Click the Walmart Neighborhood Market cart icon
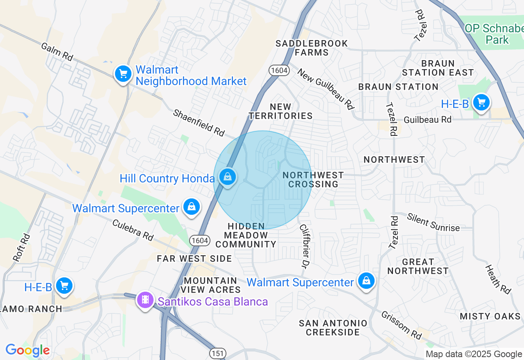click(x=123, y=74)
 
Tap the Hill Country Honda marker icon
click(x=227, y=178)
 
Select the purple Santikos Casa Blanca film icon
click(x=145, y=300)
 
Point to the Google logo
click(x=27, y=350)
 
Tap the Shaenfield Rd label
click(x=199, y=122)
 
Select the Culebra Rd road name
click(x=133, y=230)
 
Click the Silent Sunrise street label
click(x=433, y=222)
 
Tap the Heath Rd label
click(x=498, y=279)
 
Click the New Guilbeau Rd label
click(x=325, y=89)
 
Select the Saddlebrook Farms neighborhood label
click(x=312, y=48)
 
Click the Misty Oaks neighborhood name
click(x=490, y=316)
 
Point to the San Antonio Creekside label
click(x=333, y=328)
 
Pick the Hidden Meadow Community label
click(x=246, y=235)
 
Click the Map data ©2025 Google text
click(x=474, y=354)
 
